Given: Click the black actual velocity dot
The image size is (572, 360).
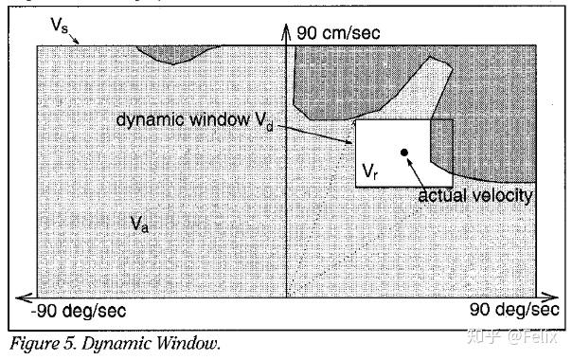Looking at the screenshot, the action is tap(404, 152).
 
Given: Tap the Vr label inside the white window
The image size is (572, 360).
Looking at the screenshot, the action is tap(372, 171).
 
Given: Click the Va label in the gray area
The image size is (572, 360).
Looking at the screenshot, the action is tap(139, 225).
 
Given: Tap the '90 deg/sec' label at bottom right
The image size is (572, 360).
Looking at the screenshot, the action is tap(513, 310).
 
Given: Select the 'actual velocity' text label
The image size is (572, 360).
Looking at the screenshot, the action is tap(476, 196).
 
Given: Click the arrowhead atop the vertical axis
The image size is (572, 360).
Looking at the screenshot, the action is tap(286, 32).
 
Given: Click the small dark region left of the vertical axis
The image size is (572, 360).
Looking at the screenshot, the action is tap(174, 52).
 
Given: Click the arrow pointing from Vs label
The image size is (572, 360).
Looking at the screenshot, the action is tap(79, 37).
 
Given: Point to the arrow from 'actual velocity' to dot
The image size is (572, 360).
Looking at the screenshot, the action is tap(417, 170).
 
